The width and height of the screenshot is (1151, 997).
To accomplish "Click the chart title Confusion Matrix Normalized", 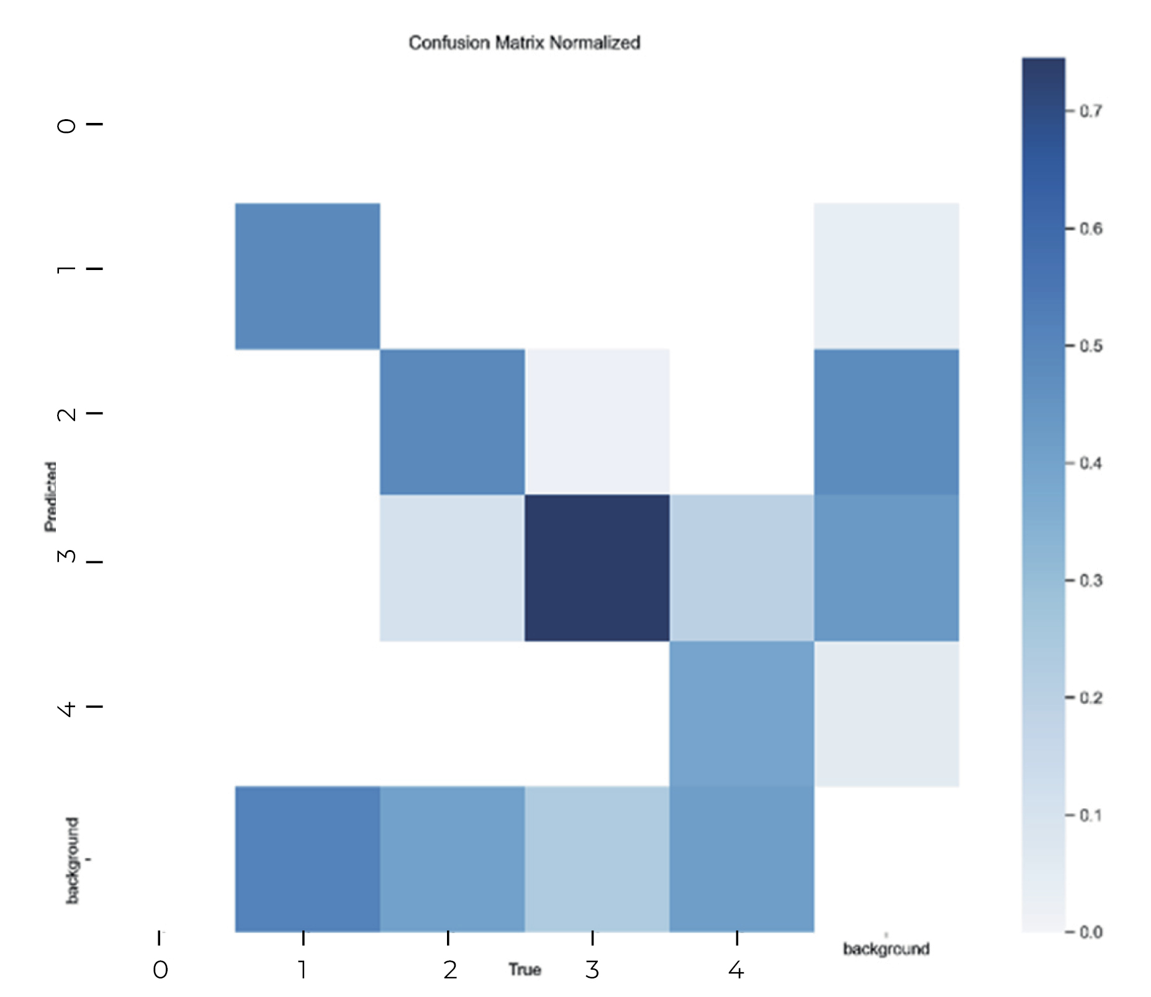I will pos(524,43).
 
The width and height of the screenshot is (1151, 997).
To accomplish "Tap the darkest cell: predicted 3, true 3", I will pos(597,567).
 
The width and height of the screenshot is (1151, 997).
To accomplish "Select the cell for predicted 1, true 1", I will pos(307,276).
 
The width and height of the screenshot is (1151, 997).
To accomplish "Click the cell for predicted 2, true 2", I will pos(452,422).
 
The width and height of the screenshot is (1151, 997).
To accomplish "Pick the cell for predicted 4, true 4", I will pos(741,713).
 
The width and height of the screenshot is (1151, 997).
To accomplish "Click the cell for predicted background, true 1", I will pos(307,859).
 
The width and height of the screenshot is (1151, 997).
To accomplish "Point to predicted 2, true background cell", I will pos(886,422).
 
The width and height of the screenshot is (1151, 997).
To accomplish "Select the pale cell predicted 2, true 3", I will pos(597,422).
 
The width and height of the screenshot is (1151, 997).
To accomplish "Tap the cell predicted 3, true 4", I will pos(741,567).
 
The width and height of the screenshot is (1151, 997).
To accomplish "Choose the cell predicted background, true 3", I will pos(597,859).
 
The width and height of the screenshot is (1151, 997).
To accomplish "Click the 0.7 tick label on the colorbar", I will pos(1091,111).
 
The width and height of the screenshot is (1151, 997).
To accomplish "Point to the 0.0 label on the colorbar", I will pos(1091,932).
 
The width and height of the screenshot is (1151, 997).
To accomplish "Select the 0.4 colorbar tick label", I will pos(1091,463).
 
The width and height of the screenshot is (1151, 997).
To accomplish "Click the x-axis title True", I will pos(525,970).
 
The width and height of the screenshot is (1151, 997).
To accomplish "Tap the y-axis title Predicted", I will pos(50,497).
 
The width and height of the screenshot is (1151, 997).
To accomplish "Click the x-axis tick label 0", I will pos(160,970).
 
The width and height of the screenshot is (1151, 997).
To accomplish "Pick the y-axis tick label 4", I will pos(67,708).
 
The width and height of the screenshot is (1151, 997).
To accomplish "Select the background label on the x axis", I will pos(886,949).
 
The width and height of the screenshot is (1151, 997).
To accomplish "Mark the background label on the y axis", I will pos(73,860).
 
